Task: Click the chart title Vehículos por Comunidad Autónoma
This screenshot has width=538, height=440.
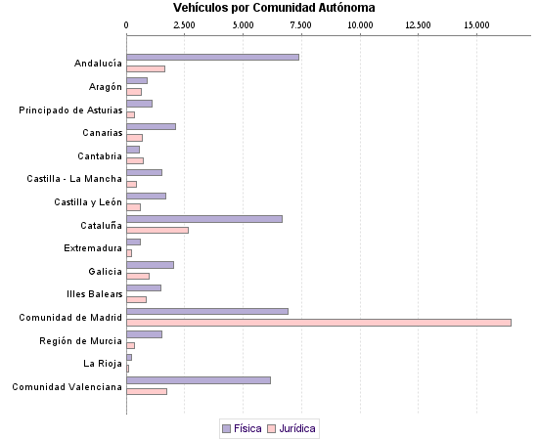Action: click(x=274, y=8)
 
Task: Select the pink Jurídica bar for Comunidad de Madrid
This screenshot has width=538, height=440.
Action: click(x=319, y=322)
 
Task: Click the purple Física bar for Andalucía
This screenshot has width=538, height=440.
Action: click(x=212, y=58)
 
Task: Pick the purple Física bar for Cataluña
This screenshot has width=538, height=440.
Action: click(x=204, y=219)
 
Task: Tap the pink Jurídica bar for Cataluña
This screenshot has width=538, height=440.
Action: click(x=157, y=230)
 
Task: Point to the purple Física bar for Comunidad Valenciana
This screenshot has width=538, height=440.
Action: click(x=199, y=380)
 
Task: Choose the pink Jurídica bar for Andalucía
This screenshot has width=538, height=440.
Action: click(x=146, y=68)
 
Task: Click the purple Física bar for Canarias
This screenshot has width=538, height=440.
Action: click(x=151, y=127)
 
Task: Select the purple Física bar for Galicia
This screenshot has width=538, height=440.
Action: click(x=150, y=265)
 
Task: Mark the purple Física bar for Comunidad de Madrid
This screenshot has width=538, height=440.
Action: click(x=207, y=311)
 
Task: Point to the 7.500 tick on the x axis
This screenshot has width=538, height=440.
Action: click(x=301, y=24)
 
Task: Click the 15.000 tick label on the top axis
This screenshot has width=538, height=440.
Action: click(x=476, y=24)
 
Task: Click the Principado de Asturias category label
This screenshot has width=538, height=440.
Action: click(x=70, y=110)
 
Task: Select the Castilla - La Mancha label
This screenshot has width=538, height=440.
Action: click(x=74, y=179)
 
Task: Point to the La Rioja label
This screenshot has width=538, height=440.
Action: click(x=103, y=363)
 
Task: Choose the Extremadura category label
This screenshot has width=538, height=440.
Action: click(x=93, y=247)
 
